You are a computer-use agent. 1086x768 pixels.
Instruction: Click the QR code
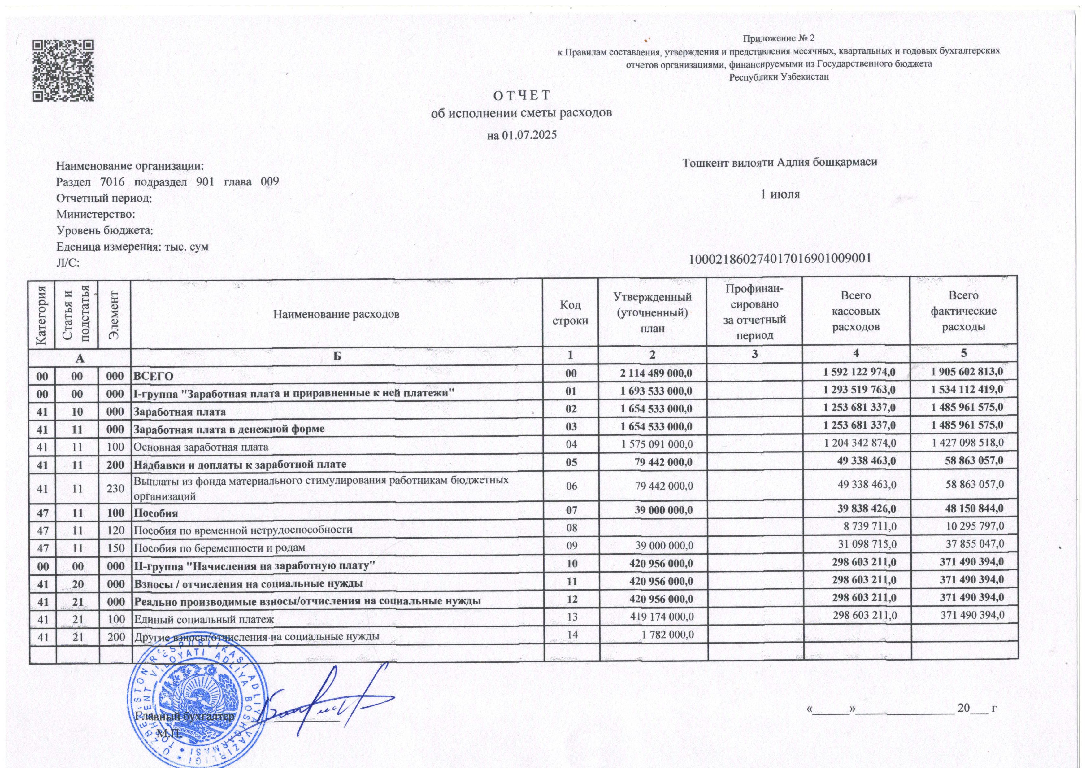(63, 71)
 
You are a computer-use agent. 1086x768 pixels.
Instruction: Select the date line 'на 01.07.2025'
(522, 135)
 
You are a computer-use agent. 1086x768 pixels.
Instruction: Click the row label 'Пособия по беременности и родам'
(219, 548)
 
